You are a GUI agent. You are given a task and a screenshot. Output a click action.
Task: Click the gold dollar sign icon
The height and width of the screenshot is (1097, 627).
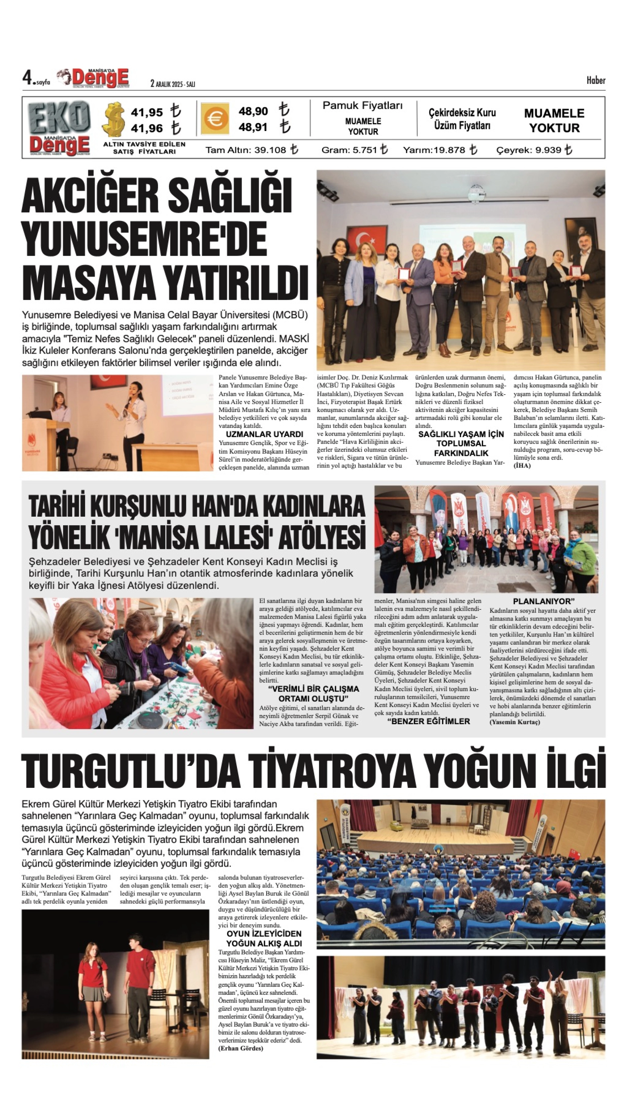pos(113,119)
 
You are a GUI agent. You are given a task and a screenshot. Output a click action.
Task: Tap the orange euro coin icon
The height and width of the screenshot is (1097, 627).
pos(214,118)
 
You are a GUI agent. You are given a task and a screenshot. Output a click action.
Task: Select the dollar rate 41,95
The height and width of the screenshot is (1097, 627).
pos(147,113)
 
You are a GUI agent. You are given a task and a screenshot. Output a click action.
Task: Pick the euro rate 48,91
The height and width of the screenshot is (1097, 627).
pos(253,127)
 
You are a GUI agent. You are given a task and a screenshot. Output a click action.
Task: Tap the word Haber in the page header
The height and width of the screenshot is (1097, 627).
pos(596,81)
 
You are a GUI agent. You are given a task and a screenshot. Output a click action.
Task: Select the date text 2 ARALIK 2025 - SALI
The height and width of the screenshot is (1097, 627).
pos(173,84)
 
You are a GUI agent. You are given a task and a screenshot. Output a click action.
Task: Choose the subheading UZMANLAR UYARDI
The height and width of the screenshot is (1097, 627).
pos(264,434)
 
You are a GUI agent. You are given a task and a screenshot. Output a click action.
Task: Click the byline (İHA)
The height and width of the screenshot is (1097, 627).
pos(522,466)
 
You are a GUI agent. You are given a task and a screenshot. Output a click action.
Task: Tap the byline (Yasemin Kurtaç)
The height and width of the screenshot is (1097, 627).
pos(514,722)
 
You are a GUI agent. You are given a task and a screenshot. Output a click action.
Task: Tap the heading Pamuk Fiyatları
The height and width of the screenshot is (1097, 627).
pos(363,106)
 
